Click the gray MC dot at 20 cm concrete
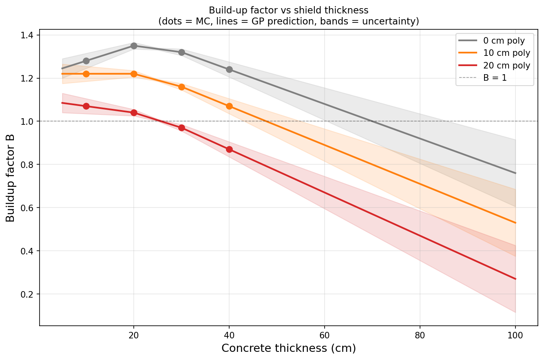[x=134, y=46]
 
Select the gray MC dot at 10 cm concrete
[x=86, y=61]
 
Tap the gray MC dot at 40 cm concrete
[x=229, y=70]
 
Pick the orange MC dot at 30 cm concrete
[x=181, y=87]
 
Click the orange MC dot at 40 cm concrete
[x=229, y=106]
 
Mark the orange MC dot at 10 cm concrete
[x=86, y=74]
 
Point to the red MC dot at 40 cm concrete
[x=229, y=150]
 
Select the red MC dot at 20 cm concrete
[x=134, y=113]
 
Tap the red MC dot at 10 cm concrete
[x=86, y=106]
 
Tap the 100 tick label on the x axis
[x=515, y=335]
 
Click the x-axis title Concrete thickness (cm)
[x=289, y=349]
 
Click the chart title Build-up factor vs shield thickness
[x=289, y=10]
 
